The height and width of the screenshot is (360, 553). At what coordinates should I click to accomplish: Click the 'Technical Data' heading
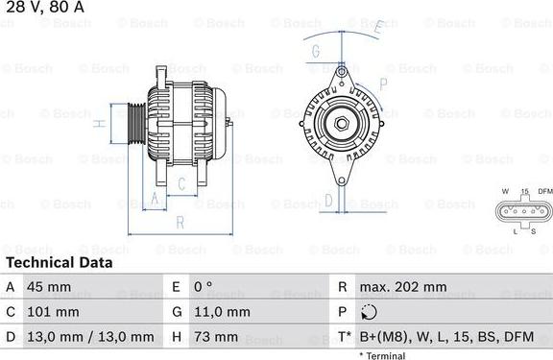tap(60, 262)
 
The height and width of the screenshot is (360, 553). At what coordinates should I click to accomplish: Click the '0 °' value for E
tap(203, 287)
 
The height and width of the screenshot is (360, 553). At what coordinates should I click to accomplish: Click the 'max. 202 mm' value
tap(403, 287)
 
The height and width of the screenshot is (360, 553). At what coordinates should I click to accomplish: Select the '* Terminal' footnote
tap(382, 355)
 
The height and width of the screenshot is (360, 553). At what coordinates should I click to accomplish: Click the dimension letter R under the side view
tap(180, 223)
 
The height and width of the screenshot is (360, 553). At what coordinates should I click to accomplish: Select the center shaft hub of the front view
tap(342, 122)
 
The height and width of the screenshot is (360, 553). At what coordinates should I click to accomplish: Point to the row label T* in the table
tap(343, 337)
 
